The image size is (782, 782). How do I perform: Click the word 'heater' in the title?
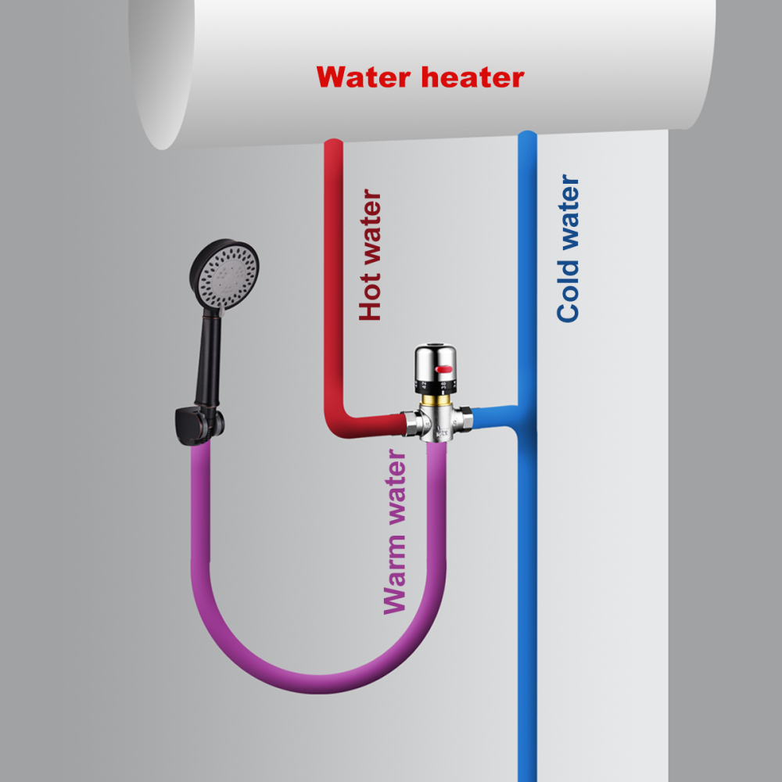pos(472,77)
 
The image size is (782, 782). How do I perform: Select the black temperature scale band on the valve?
pos(437,384)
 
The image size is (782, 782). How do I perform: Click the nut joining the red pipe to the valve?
pos(412,423)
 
